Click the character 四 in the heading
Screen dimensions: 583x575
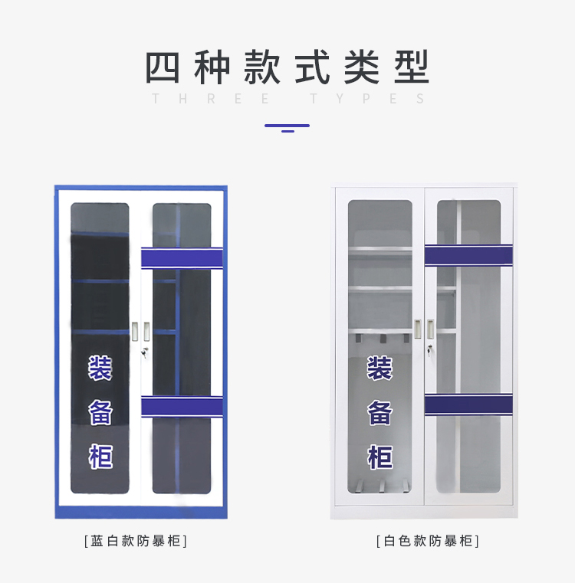tap(163, 67)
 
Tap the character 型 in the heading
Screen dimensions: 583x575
tap(411, 67)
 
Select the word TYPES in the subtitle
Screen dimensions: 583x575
tap(368, 99)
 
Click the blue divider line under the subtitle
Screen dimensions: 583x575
tap(287, 126)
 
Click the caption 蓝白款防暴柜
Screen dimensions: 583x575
tap(136, 541)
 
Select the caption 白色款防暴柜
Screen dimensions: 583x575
tap(427, 541)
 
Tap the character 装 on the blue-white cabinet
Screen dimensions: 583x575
tap(100, 368)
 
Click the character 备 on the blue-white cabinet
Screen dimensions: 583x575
tap(100, 412)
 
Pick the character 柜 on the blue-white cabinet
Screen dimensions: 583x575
tap(100, 457)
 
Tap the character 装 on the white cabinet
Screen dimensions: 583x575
tap(379, 368)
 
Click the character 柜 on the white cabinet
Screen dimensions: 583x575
tap(379, 457)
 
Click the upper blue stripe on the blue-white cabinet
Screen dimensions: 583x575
tap(182, 258)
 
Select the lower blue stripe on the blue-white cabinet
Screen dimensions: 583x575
tap(182, 406)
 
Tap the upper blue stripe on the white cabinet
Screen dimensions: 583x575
tap(468, 255)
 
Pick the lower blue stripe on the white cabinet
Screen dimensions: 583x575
tap(468, 404)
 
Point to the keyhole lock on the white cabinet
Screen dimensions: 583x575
tap(430, 350)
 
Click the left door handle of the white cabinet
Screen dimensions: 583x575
tap(419, 329)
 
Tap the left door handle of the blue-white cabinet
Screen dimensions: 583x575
tap(135, 331)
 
